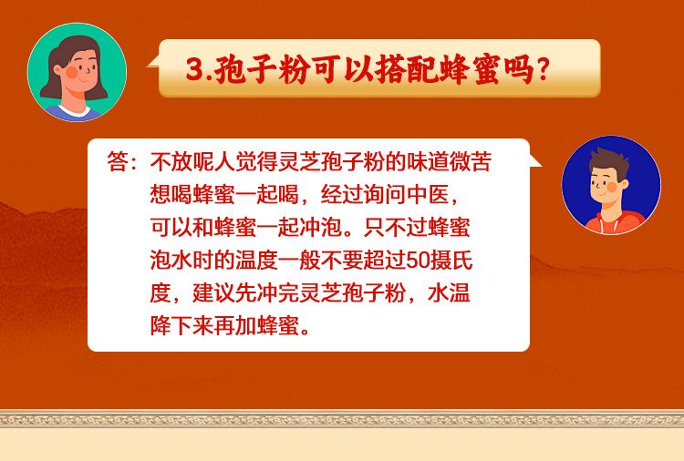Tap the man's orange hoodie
[x=614, y=221]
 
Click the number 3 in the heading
[x=193, y=68]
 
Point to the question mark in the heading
[x=543, y=70]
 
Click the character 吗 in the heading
[x=518, y=69]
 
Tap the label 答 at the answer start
[x=118, y=161]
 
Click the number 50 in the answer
[x=417, y=261]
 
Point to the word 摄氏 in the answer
[x=451, y=261]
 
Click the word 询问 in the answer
[x=385, y=194]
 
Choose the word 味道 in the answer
[x=428, y=161]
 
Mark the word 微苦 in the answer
[x=471, y=161]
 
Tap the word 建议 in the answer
[x=213, y=293]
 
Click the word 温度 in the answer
[x=256, y=261]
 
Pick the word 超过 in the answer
[x=385, y=261]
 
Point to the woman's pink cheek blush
[x=72, y=71]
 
